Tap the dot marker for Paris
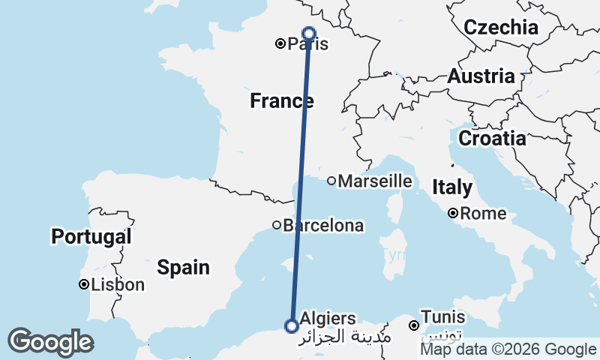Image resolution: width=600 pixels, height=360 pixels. (280, 44)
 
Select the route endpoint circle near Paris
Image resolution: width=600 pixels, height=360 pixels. (308, 33)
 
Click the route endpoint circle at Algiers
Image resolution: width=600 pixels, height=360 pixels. (291, 325)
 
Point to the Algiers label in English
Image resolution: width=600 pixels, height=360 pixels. (328, 319)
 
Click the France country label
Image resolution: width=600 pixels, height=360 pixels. (281, 100)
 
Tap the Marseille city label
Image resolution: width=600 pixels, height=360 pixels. (375, 181)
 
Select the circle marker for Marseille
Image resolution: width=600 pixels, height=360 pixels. (331, 181)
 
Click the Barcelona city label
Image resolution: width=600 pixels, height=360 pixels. (323, 225)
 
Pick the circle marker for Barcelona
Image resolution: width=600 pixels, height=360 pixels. (277, 225)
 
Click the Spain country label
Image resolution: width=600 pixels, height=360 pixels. (183, 267)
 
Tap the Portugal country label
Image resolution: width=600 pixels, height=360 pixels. (91, 238)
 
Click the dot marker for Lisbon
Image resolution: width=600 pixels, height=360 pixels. (84, 285)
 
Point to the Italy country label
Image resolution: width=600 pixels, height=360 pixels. (452, 187)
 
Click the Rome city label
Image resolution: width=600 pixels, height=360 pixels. (484, 214)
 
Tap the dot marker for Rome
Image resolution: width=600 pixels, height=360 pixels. (454, 214)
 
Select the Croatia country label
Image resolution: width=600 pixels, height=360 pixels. (492, 139)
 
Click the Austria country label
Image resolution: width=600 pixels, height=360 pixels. (481, 76)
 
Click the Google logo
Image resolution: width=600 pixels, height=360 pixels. (50, 342)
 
